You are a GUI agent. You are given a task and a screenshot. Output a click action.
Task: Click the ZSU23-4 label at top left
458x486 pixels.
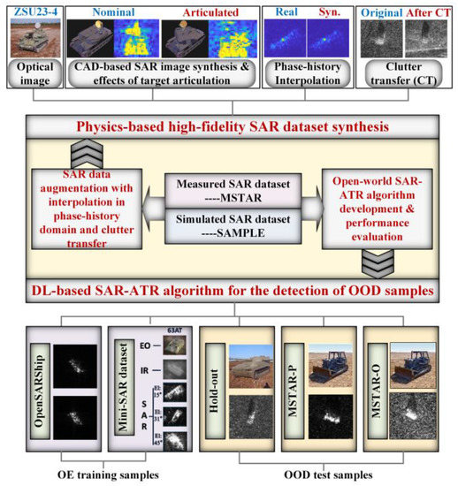34,11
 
